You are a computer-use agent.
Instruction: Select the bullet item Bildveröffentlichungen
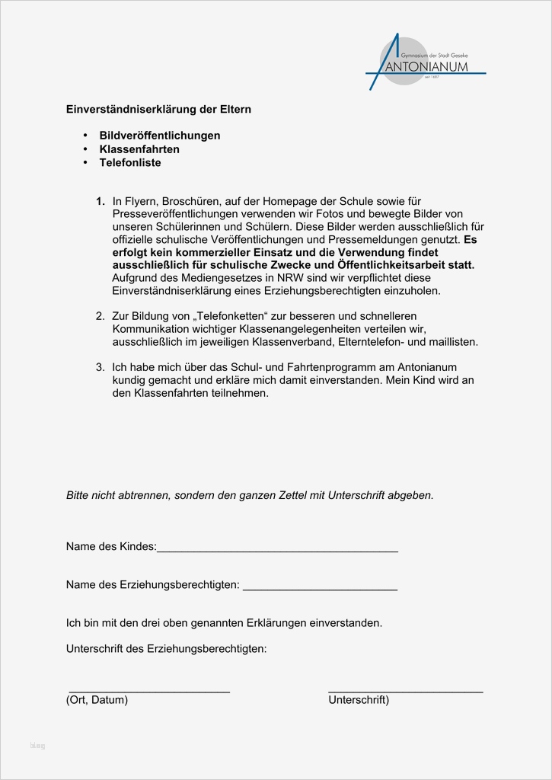coord(160,136)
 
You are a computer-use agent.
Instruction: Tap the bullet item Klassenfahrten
coord(139,149)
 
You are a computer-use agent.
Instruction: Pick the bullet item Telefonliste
coord(130,163)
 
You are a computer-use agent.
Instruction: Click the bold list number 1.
coord(100,201)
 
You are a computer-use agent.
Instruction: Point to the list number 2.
coord(100,315)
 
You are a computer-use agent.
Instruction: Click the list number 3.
coord(100,367)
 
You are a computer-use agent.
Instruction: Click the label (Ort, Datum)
coord(97,700)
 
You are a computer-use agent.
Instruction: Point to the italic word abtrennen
coord(142,495)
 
